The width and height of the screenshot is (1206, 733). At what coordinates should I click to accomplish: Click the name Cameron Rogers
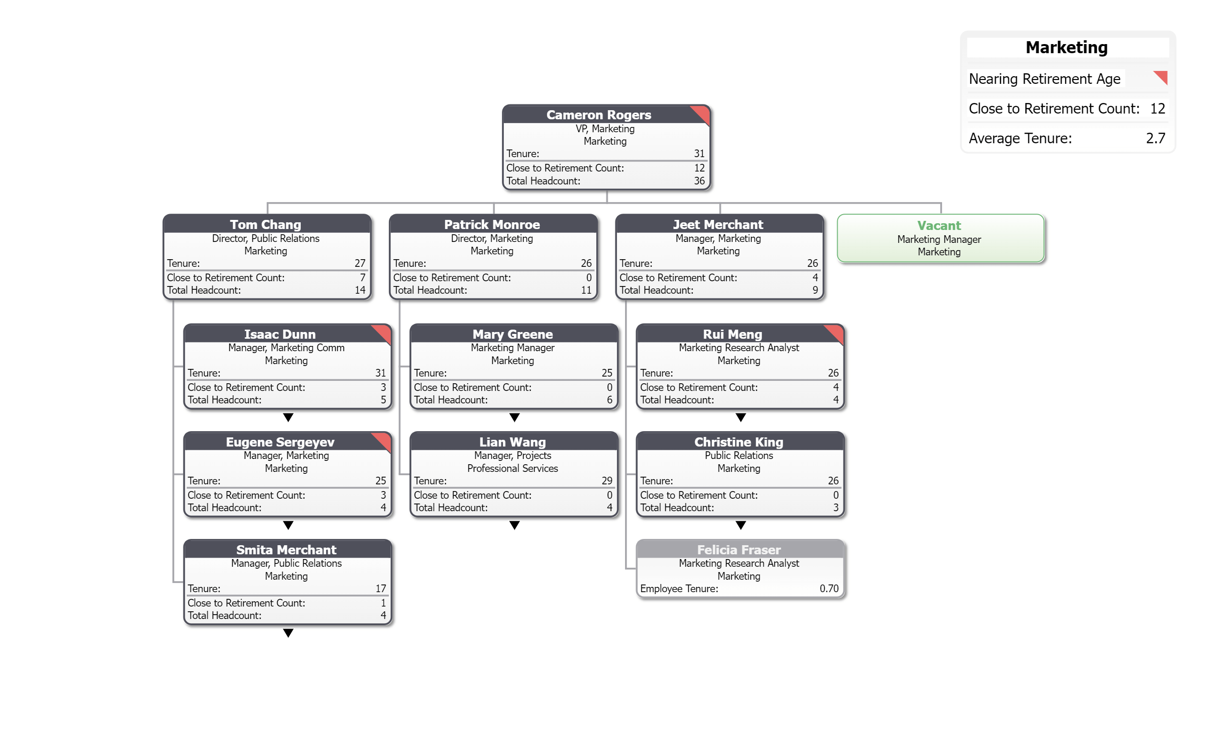coord(599,115)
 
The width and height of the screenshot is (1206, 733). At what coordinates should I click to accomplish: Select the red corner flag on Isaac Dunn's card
coord(383,332)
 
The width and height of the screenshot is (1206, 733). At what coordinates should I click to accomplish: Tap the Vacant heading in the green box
coord(939,225)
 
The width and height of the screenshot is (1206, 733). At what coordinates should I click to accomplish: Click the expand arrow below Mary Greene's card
coord(514,417)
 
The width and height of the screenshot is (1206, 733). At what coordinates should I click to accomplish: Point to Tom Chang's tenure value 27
coord(360,263)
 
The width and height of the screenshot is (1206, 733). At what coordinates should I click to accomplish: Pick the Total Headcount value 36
coord(699,181)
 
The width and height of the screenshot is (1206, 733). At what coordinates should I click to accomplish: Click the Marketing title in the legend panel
coord(1066,47)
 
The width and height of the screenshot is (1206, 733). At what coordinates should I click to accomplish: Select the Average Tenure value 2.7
coord(1155,138)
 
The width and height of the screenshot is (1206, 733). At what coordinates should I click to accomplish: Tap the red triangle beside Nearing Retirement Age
coord(1161,77)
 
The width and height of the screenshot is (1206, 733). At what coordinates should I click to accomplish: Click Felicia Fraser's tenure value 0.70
coord(829,588)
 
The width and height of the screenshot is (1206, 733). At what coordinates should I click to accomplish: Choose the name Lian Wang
coord(512,442)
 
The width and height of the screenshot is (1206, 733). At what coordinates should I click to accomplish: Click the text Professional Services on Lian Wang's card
coord(512,469)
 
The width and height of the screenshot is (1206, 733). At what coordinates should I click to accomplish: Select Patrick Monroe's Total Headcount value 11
coord(586,290)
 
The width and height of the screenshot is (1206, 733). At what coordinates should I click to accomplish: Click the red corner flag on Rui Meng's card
coord(836,332)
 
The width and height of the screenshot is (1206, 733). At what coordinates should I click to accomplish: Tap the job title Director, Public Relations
coord(265,239)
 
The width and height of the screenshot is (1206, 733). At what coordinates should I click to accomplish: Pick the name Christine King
coord(739,442)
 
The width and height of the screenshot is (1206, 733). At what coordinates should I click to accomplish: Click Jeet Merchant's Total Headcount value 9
coord(815,290)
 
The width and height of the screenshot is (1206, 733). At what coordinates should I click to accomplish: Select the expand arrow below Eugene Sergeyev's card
coord(288,526)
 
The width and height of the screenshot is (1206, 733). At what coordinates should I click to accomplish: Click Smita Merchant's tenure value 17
coord(380,588)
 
